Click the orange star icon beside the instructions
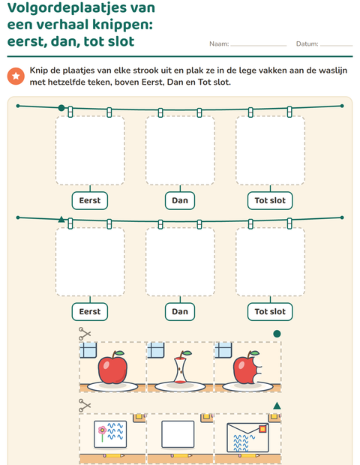pos(16,76)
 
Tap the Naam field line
pos(259,46)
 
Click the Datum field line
pos(336,46)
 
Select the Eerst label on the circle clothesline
pos(90,201)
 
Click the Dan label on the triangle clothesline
pos(180,312)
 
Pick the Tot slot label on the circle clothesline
pos(270,201)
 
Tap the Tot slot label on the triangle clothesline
pos(270,312)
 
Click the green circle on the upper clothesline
pos(61,108)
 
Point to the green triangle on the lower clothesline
pos(61,219)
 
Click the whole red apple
pos(112,367)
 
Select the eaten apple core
pos(181,367)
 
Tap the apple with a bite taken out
pos(247,367)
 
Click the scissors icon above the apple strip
pos(85,334)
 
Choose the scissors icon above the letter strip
pos(85,406)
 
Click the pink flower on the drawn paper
pos(102,430)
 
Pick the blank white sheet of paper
pos(178,434)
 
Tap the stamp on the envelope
pos(262,429)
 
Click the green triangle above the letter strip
pos(277,406)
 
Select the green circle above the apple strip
pos(277,334)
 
